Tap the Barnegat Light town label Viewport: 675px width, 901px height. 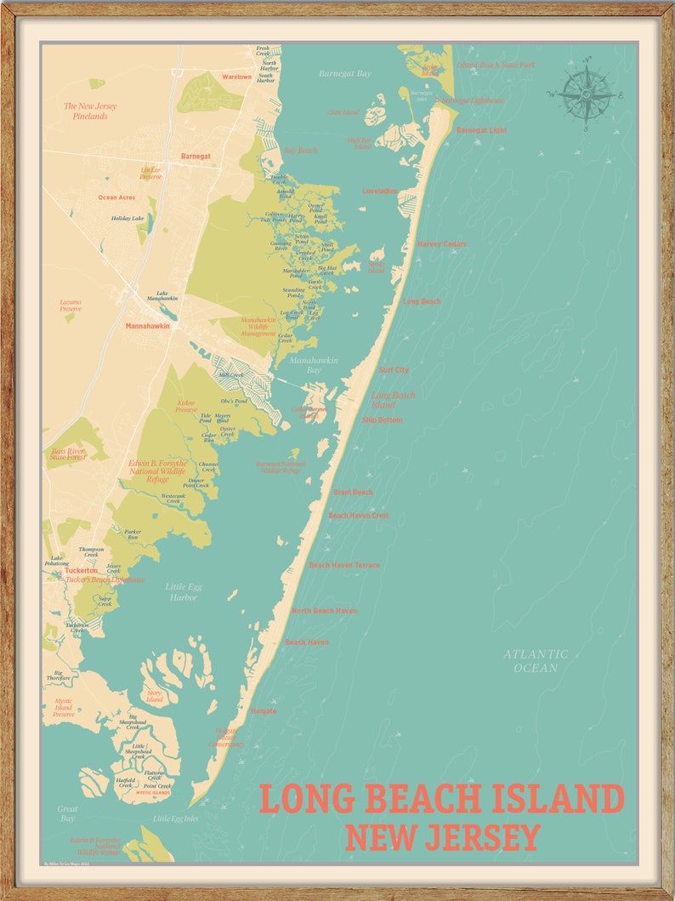point(481,130)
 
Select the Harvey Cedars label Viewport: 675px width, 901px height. point(441,244)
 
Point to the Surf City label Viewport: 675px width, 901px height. point(394,370)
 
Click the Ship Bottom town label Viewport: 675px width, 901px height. point(382,419)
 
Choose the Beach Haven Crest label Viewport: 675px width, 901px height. point(359,516)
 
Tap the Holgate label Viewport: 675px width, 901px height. point(264,710)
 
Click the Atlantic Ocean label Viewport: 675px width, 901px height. point(536,661)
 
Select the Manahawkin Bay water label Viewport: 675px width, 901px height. point(314,365)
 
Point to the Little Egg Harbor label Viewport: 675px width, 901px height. point(184,591)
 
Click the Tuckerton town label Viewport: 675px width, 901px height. point(82,570)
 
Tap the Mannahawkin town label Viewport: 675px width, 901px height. point(148,326)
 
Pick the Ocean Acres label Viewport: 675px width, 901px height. point(116,197)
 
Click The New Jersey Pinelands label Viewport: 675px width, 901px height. point(90,111)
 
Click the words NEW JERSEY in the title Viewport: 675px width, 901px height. point(442,837)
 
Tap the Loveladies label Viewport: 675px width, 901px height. point(380,191)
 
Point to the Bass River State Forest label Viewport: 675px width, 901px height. point(69,453)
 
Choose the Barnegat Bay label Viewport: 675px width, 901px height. point(345,74)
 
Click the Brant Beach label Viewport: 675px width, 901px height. point(353,492)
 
